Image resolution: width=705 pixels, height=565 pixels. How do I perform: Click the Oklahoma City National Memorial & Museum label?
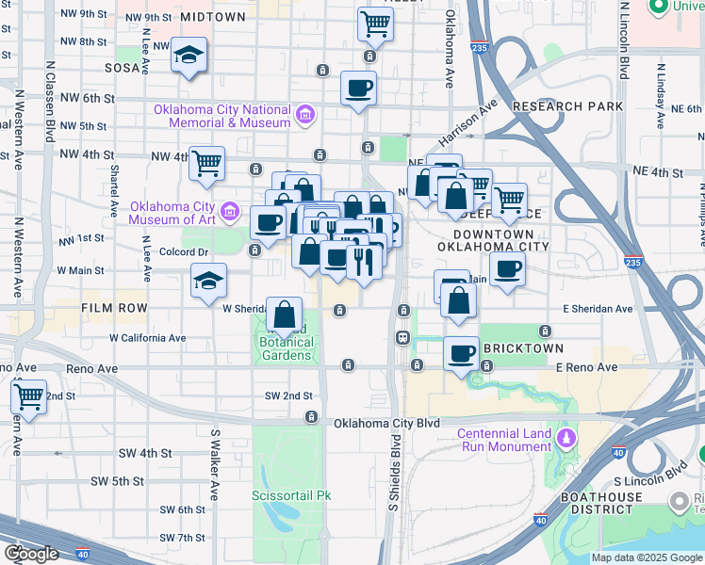point(223,117)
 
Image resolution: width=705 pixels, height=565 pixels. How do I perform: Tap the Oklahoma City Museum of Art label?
point(175,214)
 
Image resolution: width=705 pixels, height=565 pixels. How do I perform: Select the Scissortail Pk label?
point(292,494)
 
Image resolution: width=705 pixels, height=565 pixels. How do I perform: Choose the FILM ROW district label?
point(114,308)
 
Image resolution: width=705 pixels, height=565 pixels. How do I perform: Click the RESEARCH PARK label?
point(567,106)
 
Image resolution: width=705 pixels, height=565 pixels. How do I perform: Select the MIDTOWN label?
point(212,17)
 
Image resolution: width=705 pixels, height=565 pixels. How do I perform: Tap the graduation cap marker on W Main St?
point(208,279)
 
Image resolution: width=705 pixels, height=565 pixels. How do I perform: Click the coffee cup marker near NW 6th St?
point(358,89)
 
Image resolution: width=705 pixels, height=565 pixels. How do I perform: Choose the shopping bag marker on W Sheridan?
point(284,313)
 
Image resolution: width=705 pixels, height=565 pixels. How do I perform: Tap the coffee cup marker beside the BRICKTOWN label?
point(461,353)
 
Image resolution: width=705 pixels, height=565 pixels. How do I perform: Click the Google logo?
point(30,554)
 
